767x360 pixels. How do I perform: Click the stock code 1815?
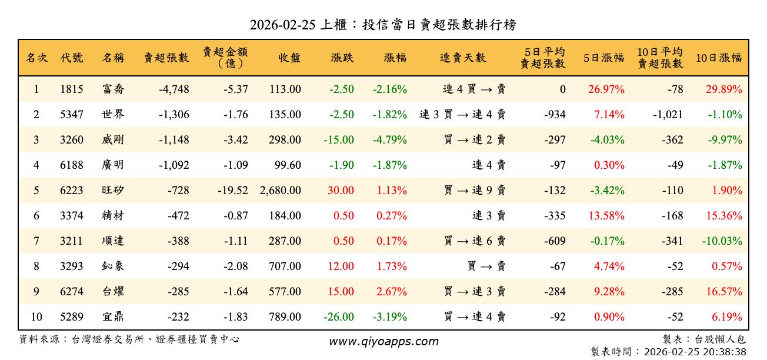click(72, 89)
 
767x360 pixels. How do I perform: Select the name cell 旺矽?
click(112, 191)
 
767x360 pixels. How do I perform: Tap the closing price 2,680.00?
click(280, 191)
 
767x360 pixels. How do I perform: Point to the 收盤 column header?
click(289, 58)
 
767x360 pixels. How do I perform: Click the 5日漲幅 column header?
click(603, 58)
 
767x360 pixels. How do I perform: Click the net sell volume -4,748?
click(174, 89)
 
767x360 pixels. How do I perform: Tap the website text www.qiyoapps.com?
click(383, 342)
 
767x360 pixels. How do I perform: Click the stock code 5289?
click(72, 317)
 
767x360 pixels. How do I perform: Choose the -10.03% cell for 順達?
click(721, 241)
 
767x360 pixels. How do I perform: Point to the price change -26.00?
click(339, 317)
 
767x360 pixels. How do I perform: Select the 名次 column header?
click(36, 58)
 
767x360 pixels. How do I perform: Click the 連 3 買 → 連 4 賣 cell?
click(462, 115)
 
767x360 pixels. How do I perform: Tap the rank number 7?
click(36, 241)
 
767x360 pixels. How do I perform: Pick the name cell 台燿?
click(112, 292)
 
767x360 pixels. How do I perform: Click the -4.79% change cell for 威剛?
click(389, 140)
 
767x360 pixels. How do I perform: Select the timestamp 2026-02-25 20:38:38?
click(695, 352)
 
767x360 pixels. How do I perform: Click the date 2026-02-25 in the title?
click(282, 25)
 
